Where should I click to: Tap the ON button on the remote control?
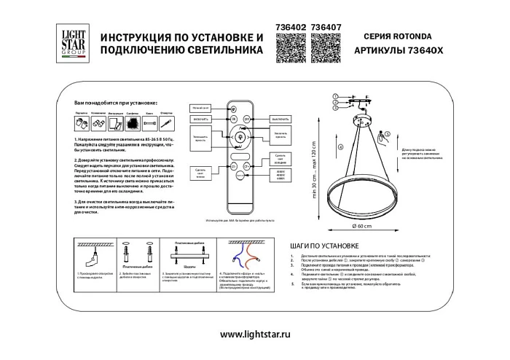pyautogui.click(x=235, y=118)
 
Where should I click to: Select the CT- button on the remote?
pyautogui.click(x=235, y=167)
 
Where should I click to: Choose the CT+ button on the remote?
pyautogui.click(x=246, y=167)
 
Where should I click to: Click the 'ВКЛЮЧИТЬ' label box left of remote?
pyautogui.click(x=201, y=119)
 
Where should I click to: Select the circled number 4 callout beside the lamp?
pyautogui.click(x=340, y=148)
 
